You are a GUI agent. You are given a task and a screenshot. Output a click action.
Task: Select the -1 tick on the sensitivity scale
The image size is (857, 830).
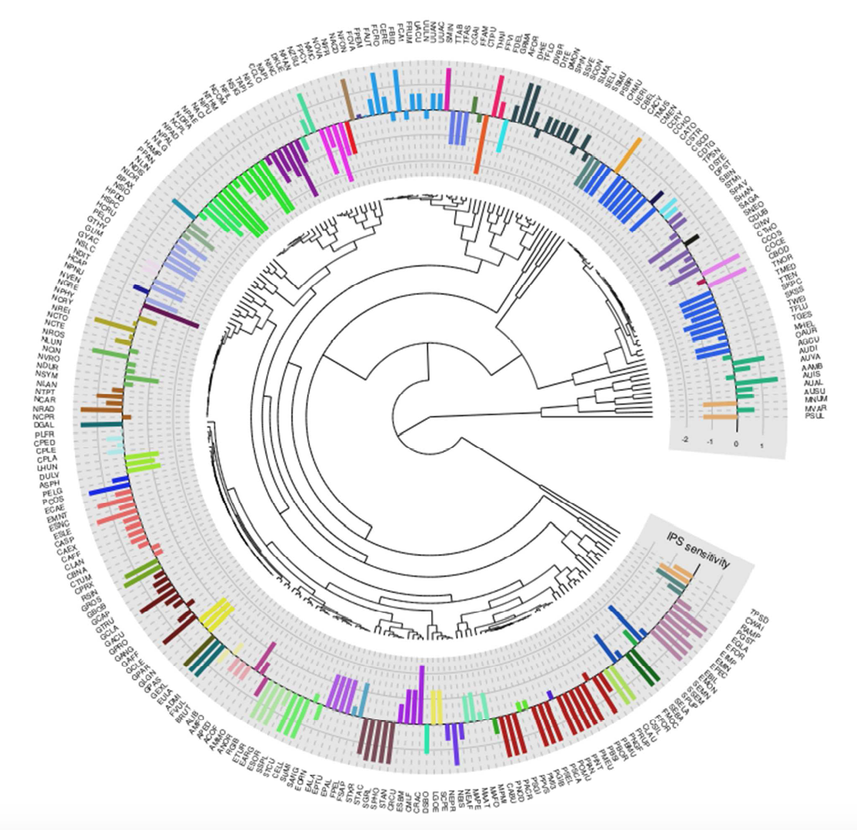point(710,442)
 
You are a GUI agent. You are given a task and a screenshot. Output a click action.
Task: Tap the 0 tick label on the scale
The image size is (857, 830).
point(736,444)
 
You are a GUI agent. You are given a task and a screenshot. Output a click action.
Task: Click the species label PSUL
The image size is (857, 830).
point(814,416)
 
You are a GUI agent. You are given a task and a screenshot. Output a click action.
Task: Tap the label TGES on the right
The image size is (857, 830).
point(802,316)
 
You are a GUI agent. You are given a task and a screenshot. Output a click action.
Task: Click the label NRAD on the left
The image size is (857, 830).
point(43,409)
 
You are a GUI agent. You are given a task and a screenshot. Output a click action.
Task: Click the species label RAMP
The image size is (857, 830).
point(751,631)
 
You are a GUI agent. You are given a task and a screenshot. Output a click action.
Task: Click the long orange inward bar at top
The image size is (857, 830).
point(480,144)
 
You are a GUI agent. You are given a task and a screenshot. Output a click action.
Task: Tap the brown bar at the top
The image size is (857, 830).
point(345,97)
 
